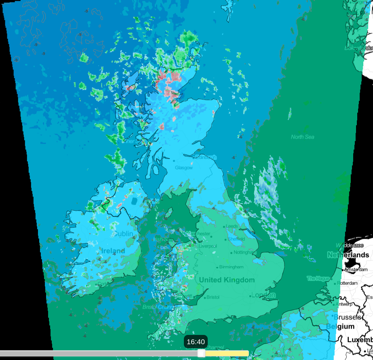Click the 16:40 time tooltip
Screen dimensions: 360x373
pyautogui.click(x=196, y=342)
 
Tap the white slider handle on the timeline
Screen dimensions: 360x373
pyautogui.click(x=201, y=354)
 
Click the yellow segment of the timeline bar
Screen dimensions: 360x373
pyautogui.click(x=226, y=354)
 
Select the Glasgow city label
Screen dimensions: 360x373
pyautogui.click(x=184, y=167)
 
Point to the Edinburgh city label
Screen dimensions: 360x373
pyautogui.click(x=206, y=157)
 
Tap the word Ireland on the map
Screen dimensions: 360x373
pyautogui.click(x=113, y=251)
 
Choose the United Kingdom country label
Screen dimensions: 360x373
pyautogui.click(x=227, y=280)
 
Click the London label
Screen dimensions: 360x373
pyautogui.click(x=263, y=295)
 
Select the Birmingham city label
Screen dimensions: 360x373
pyautogui.click(x=232, y=267)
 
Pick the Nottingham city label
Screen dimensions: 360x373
pyautogui.click(x=245, y=252)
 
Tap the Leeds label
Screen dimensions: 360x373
pyautogui.click(x=232, y=226)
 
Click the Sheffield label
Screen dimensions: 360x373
pyautogui.click(x=236, y=239)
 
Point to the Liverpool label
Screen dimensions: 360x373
pyautogui.click(x=208, y=246)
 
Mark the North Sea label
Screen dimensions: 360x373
pyautogui.click(x=303, y=137)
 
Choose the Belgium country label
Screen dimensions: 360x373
pyautogui.click(x=340, y=326)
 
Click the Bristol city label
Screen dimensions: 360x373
pyautogui.click(x=213, y=297)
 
